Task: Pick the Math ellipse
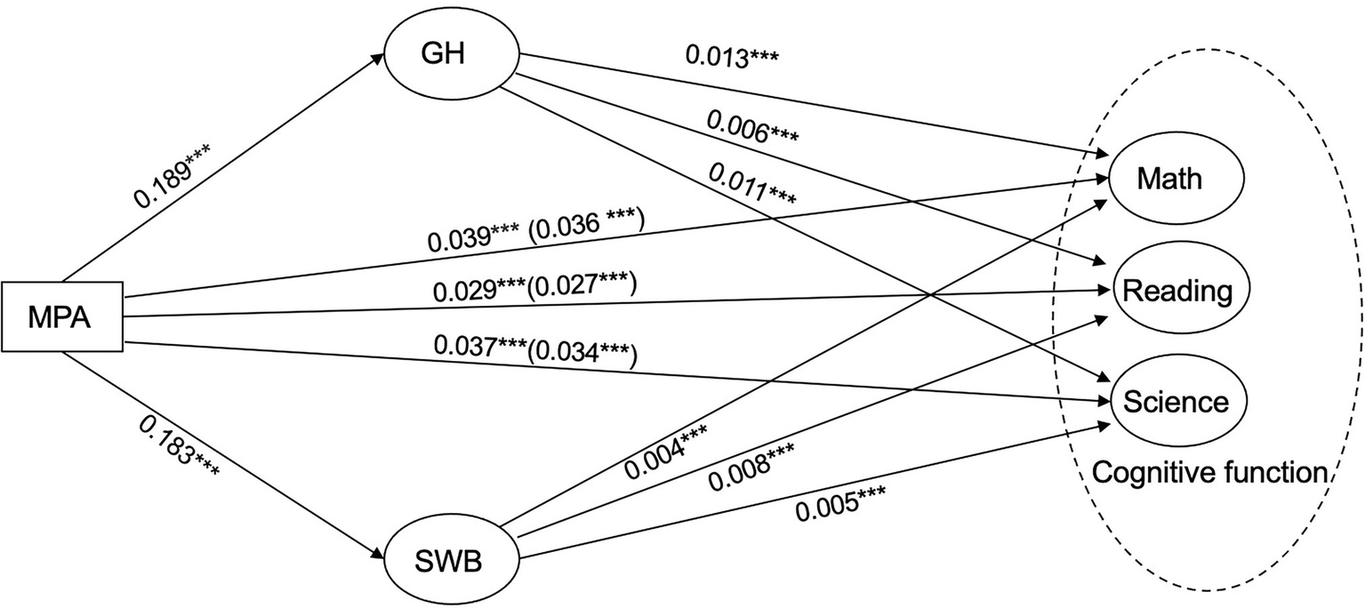click(x=1168, y=179)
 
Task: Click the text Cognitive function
click(x=1208, y=473)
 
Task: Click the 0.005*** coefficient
click(x=841, y=504)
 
